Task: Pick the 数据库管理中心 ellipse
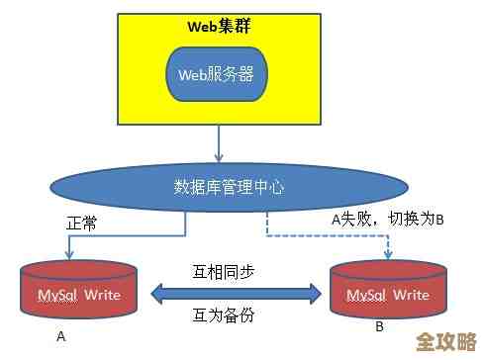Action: tap(228, 186)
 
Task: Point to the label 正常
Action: tap(83, 224)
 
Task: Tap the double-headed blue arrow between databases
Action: tap(237, 292)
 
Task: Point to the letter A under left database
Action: tap(60, 336)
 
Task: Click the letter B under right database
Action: tap(380, 327)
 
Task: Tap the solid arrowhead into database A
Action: tap(70, 257)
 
